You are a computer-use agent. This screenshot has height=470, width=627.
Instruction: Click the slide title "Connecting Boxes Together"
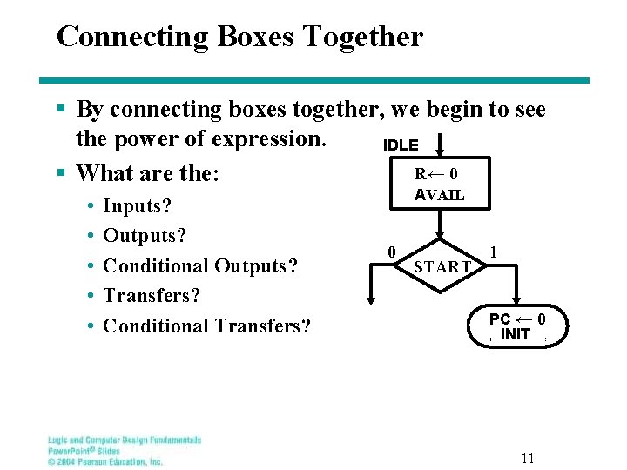tap(239, 37)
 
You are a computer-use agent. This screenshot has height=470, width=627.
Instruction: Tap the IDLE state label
tap(401, 145)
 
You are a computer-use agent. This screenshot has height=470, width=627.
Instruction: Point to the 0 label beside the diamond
tap(392, 252)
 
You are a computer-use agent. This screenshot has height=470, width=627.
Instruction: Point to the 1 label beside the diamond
tap(494, 252)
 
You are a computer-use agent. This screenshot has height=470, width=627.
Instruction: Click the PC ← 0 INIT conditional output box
tap(516, 326)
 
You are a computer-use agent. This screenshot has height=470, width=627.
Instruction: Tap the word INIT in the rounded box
tap(516, 334)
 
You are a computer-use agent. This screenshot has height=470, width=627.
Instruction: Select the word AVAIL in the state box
tap(440, 195)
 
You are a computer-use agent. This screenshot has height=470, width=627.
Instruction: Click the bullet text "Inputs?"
tap(137, 206)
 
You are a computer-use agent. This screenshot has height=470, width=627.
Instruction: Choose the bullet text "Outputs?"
tap(145, 236)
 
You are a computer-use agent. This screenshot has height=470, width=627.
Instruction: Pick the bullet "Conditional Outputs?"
tap(200, 265)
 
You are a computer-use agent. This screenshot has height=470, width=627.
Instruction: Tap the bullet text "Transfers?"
tap(152, 296)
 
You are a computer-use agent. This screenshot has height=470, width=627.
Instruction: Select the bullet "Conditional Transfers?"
tap(206, 326)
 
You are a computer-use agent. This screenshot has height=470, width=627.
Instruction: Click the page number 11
tap(528, 458)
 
